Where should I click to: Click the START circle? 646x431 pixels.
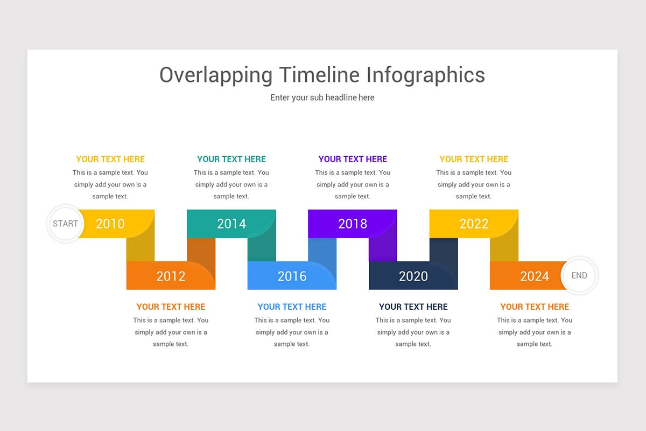[65, 224]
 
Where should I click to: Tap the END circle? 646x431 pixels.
[579, 275]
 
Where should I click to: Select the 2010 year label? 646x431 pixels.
[110, 224]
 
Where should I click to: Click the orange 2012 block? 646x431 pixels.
[171, 276]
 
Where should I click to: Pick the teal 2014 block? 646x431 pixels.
[231, 224]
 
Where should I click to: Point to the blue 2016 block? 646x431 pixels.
[292, 276]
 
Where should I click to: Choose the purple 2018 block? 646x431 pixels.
[353, 224]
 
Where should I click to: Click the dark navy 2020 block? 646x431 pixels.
[413, 276]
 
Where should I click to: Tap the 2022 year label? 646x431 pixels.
[474, 224]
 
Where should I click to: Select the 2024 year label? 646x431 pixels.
[534, 276]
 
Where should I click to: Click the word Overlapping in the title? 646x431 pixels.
[216, 75]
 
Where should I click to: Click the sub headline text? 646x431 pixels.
[322, 98]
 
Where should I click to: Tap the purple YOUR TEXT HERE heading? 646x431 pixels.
[353, 159]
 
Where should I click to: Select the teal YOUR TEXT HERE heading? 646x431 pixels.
[231, 159]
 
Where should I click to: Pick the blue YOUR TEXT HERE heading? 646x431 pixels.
[292, 307]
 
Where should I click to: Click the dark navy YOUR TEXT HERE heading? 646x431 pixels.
[413, 307]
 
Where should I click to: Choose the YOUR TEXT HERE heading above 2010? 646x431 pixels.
[110, 159]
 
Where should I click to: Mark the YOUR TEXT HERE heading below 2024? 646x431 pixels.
[535, 307]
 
